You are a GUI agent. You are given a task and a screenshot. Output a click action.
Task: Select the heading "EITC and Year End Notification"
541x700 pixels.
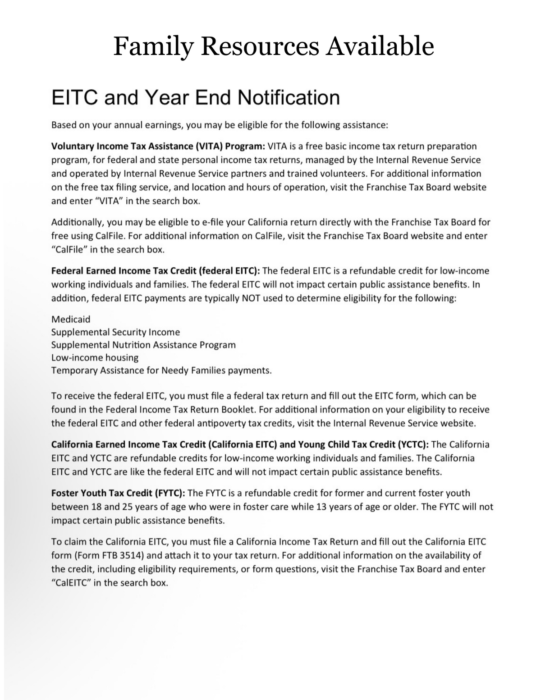(195, 98)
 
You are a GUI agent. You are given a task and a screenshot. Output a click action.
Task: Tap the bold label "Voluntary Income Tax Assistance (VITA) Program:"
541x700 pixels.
(158, 146)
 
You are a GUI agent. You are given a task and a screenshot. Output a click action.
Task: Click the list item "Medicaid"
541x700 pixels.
(71, 320)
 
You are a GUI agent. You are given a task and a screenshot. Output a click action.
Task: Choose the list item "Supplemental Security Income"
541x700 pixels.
(115, 332)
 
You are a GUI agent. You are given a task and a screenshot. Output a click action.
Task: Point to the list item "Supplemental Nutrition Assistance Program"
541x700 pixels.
(143, 345)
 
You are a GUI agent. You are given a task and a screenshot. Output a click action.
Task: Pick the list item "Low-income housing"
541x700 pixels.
(95, 357)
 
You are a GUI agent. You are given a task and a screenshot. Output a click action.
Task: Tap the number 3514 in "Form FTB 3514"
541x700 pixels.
(130, 555)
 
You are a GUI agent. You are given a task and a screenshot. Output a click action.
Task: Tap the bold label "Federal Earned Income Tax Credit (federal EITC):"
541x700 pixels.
(155, 271)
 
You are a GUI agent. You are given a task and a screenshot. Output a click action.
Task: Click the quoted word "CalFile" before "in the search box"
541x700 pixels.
(69, 249)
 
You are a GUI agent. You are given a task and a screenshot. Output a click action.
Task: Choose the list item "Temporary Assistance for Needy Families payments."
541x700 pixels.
(161, 371)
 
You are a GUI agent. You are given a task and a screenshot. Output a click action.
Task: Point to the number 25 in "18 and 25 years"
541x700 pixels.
(127, 507)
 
